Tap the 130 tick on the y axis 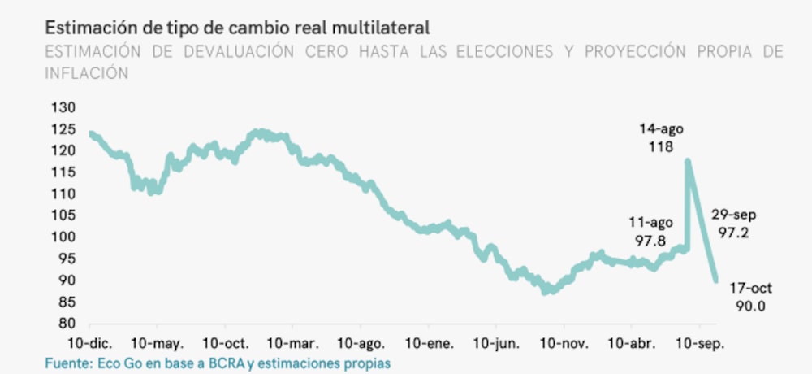(63, 108)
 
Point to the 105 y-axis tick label (63, 215)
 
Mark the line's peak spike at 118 (688, 161)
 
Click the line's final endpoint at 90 (716, 280)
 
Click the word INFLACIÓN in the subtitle (87, 73)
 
